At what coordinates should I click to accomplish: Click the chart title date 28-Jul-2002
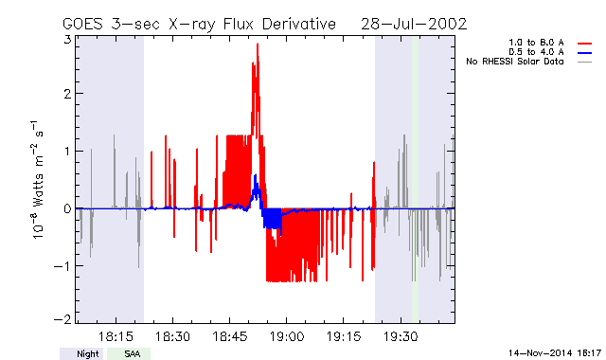tap(414, 25)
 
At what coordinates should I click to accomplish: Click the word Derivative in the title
tap(299, 25)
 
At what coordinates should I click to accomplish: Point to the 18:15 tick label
tap(116, 336)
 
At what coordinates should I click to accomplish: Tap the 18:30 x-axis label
tap(172, 336)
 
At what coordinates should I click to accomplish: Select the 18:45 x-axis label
tap(229, 336)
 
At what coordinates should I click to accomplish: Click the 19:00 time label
tap(286, 336)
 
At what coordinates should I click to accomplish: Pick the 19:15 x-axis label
tap(344, 336)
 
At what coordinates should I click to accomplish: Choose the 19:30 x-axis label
tap(401, 336)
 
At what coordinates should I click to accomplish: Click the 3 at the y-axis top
tap(67, 40)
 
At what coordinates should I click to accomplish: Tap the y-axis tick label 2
tap(67, 94)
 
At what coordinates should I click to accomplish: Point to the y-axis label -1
tap(63, 266)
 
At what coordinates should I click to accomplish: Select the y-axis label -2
tap(63, 319)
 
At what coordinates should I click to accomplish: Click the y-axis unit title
tap(37, 180)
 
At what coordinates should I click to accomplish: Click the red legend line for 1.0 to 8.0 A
tap(585, 44)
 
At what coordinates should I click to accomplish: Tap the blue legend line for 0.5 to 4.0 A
tap(585, 53)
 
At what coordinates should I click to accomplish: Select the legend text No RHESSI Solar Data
tap(515, 62)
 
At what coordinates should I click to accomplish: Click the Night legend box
tap(81, 353)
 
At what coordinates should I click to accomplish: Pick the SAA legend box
tap(129, 353)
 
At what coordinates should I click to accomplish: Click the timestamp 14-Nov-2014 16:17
tap(555, 353)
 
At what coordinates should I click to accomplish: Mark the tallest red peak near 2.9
tap(258, 45)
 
